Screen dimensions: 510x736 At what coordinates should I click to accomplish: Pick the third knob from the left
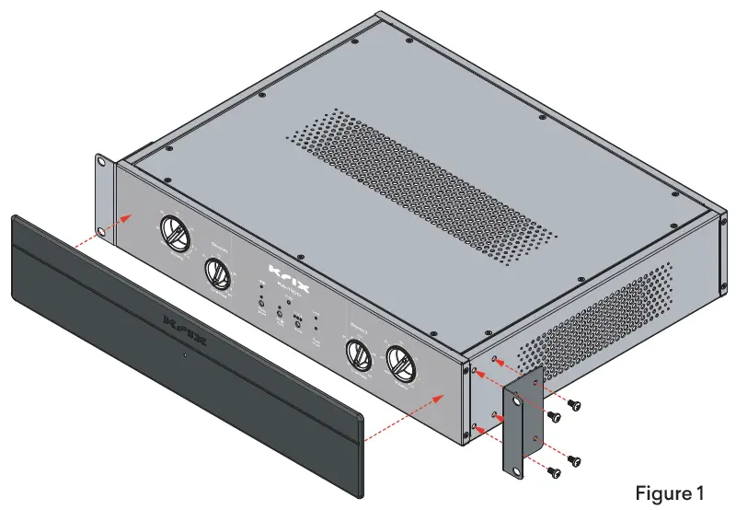point(357,355)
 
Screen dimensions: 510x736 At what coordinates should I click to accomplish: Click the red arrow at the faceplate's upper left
point(115,219)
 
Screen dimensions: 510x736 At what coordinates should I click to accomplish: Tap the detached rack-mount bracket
point(520,428)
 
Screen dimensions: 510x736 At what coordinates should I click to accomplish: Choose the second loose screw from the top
point(554,417)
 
